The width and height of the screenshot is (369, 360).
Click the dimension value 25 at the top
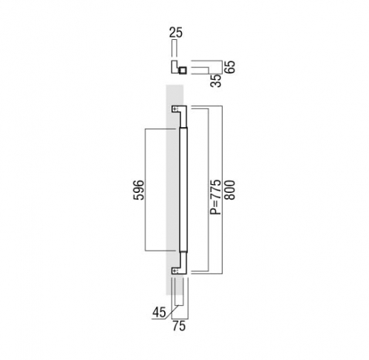tap(176, 33)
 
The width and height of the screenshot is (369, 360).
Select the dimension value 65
tap(230, 67)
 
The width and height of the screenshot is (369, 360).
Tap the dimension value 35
tap(216, 81)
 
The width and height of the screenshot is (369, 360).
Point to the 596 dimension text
tap(138, 190)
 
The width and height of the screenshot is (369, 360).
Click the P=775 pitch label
tap(217, 197)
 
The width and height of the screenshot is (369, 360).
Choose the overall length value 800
tap(230, 190)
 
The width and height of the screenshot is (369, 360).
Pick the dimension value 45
tap(159, 313)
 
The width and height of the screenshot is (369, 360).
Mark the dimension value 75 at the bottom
tap(179, 326)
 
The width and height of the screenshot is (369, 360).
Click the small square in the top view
tap(183, 70)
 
